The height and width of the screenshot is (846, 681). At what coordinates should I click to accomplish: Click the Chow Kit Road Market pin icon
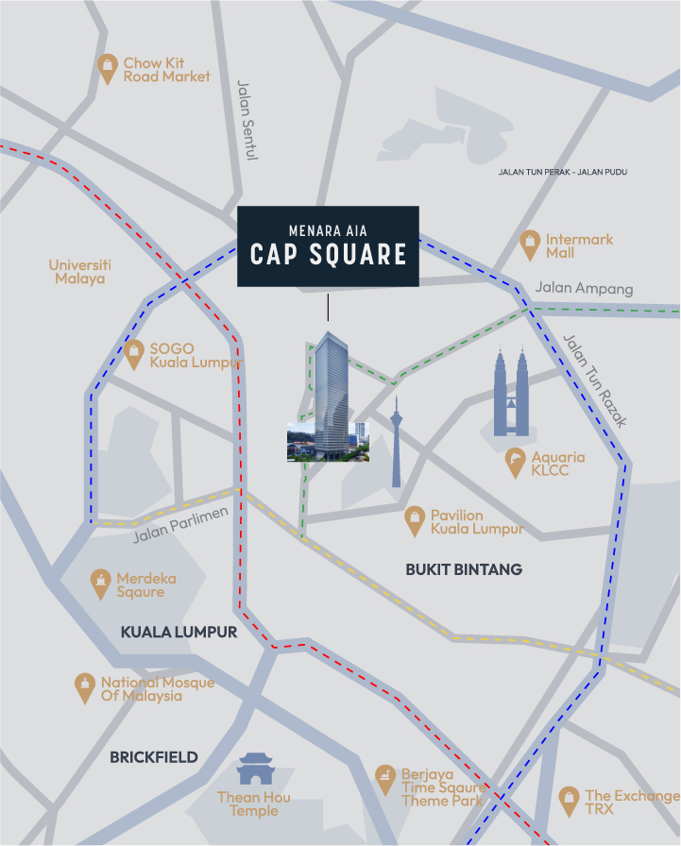tap(109, 68)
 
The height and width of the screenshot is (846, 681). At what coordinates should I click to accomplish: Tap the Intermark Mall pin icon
tap(531, 245)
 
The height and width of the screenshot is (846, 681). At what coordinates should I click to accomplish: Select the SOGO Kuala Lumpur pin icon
tap(135, 354)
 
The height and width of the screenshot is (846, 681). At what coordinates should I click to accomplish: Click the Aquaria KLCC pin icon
tap(516, 462)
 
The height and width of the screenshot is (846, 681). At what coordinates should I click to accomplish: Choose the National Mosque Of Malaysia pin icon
tap(86, 687)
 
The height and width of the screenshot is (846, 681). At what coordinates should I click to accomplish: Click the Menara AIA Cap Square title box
tap(327, 245)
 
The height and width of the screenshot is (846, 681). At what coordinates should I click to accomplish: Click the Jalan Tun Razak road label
tap(594, 381)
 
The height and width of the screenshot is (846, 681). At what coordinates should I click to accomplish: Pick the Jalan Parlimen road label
tap(181, 526)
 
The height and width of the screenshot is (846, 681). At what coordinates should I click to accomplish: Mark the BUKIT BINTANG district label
tap(463, 569)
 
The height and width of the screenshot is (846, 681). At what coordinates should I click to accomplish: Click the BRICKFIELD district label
tap(154, 756)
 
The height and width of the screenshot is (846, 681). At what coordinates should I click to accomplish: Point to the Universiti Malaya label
tap(80, 271)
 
